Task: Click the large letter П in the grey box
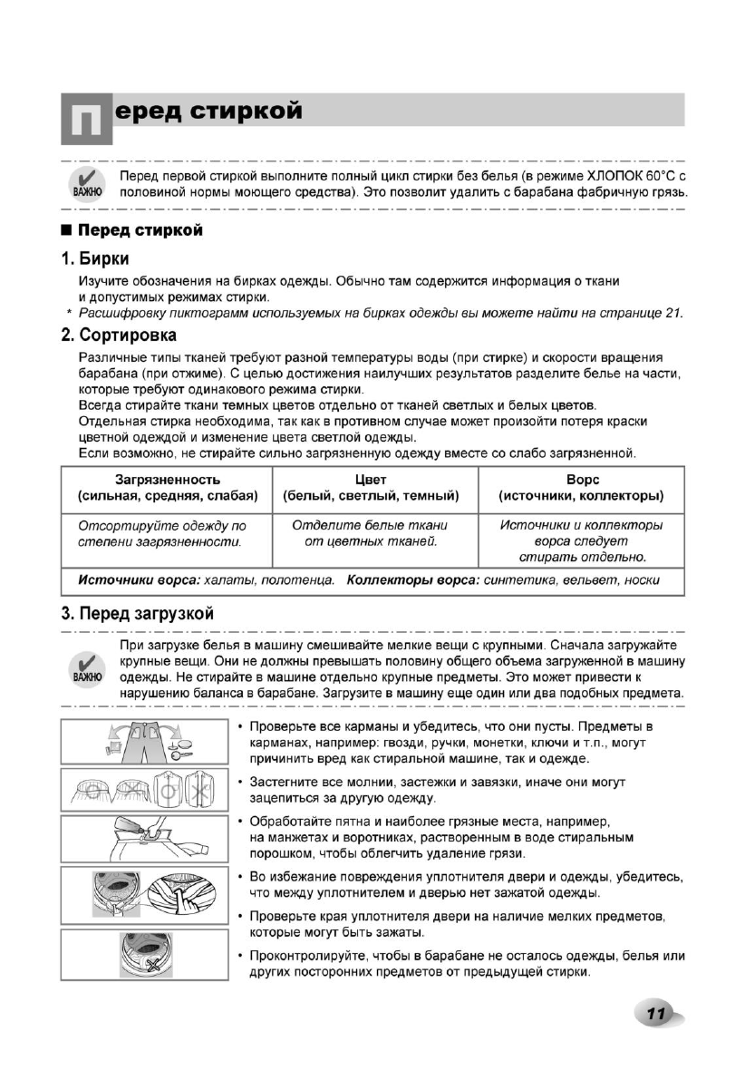86,119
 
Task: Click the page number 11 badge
656,1013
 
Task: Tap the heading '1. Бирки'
95,259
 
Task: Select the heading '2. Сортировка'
118,336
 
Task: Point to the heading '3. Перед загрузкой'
137,613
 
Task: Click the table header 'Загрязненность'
167,480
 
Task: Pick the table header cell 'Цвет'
371,480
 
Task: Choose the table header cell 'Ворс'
580,480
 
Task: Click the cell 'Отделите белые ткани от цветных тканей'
371,533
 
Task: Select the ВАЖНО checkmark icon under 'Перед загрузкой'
87,666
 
